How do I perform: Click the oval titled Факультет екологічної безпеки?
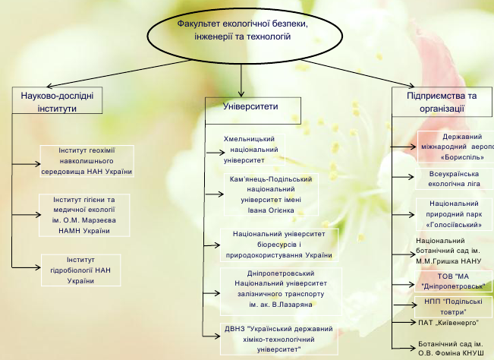[x=233, y=31]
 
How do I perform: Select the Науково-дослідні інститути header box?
[x=58, y=101]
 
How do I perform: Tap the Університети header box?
[x=250, y=107]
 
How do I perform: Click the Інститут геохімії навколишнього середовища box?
[x=86, y=161]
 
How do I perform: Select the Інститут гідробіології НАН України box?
[x=86, y=270]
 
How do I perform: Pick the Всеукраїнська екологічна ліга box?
[x=455, y=178]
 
